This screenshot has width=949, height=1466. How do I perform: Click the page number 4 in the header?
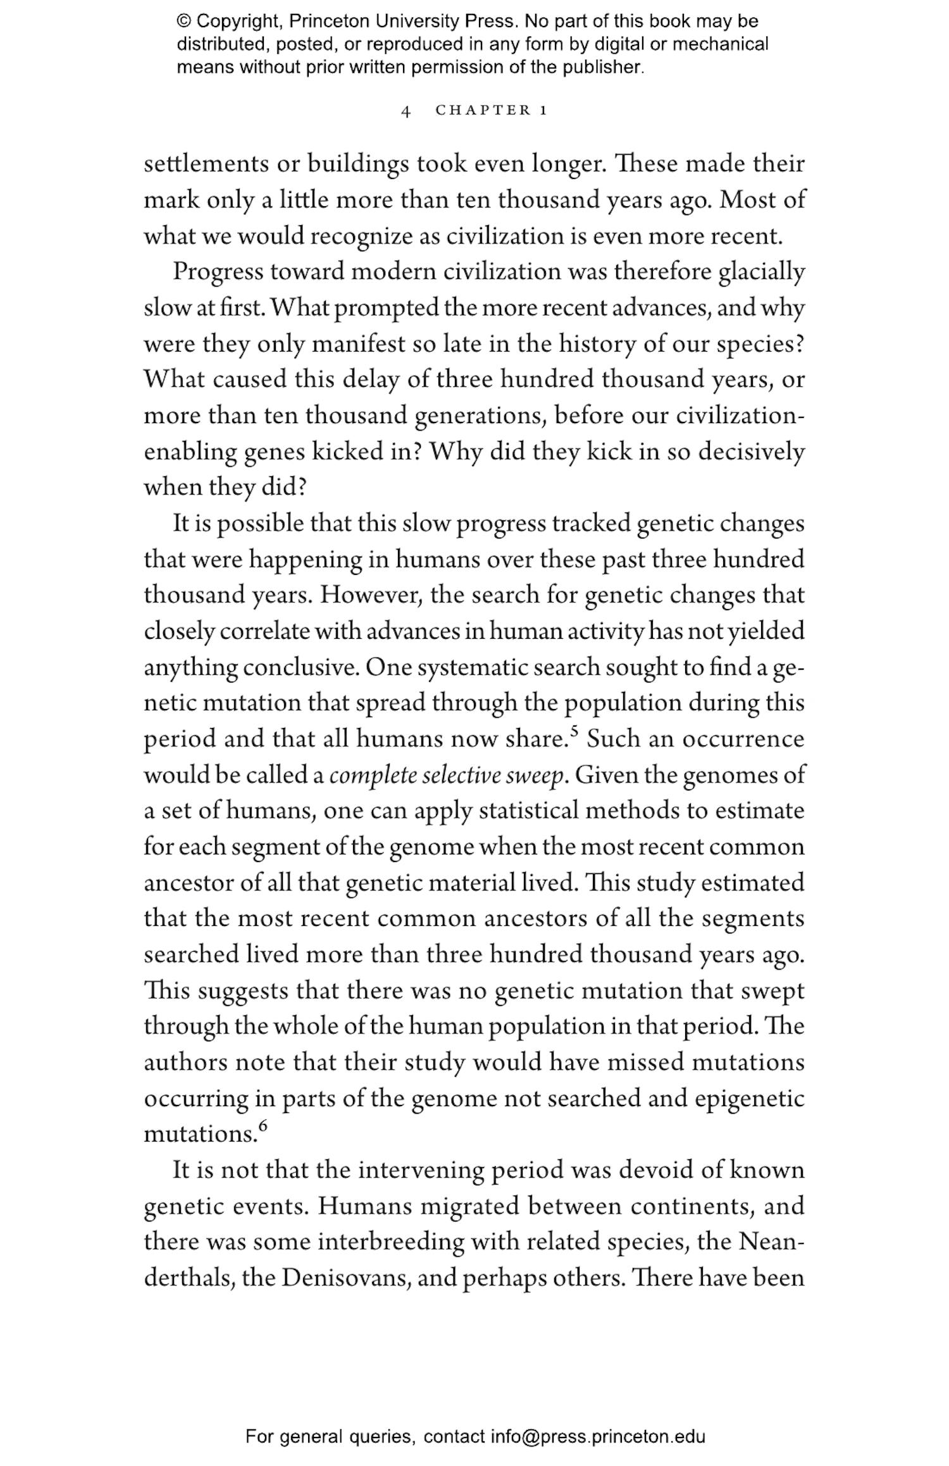coord(406,111)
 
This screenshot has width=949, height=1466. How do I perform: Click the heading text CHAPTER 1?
coord(491,110)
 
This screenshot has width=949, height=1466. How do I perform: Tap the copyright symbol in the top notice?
coord(183,22)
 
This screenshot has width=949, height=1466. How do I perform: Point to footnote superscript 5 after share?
coord(574,731)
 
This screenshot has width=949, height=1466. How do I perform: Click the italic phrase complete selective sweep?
coord(446,775)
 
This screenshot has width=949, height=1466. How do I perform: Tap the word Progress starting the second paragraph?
coord(218,272)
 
